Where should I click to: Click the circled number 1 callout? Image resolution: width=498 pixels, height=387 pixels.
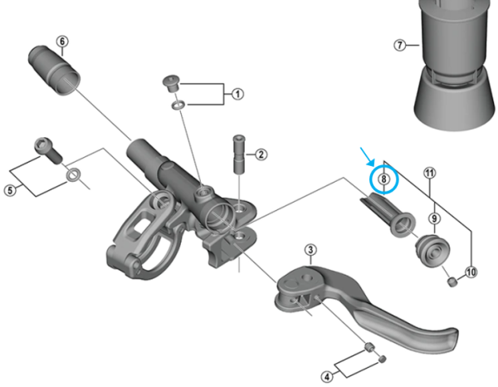point(237,94)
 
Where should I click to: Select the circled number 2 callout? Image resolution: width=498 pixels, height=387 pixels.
point(261,154)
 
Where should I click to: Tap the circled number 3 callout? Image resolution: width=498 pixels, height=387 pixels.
point(310,250)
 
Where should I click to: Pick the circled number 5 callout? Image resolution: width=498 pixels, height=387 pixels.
point(11,190)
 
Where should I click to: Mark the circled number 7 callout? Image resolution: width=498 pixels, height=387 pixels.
point(401,45)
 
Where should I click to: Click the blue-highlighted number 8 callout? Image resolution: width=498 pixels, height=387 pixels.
point(383,178)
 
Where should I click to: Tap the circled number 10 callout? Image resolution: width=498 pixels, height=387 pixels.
point(471,272)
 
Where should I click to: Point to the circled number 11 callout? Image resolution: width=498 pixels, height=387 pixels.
point(429,173)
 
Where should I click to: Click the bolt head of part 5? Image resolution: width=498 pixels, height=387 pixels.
point(45,145)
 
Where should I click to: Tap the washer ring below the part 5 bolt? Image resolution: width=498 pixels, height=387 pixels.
point(73,175)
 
